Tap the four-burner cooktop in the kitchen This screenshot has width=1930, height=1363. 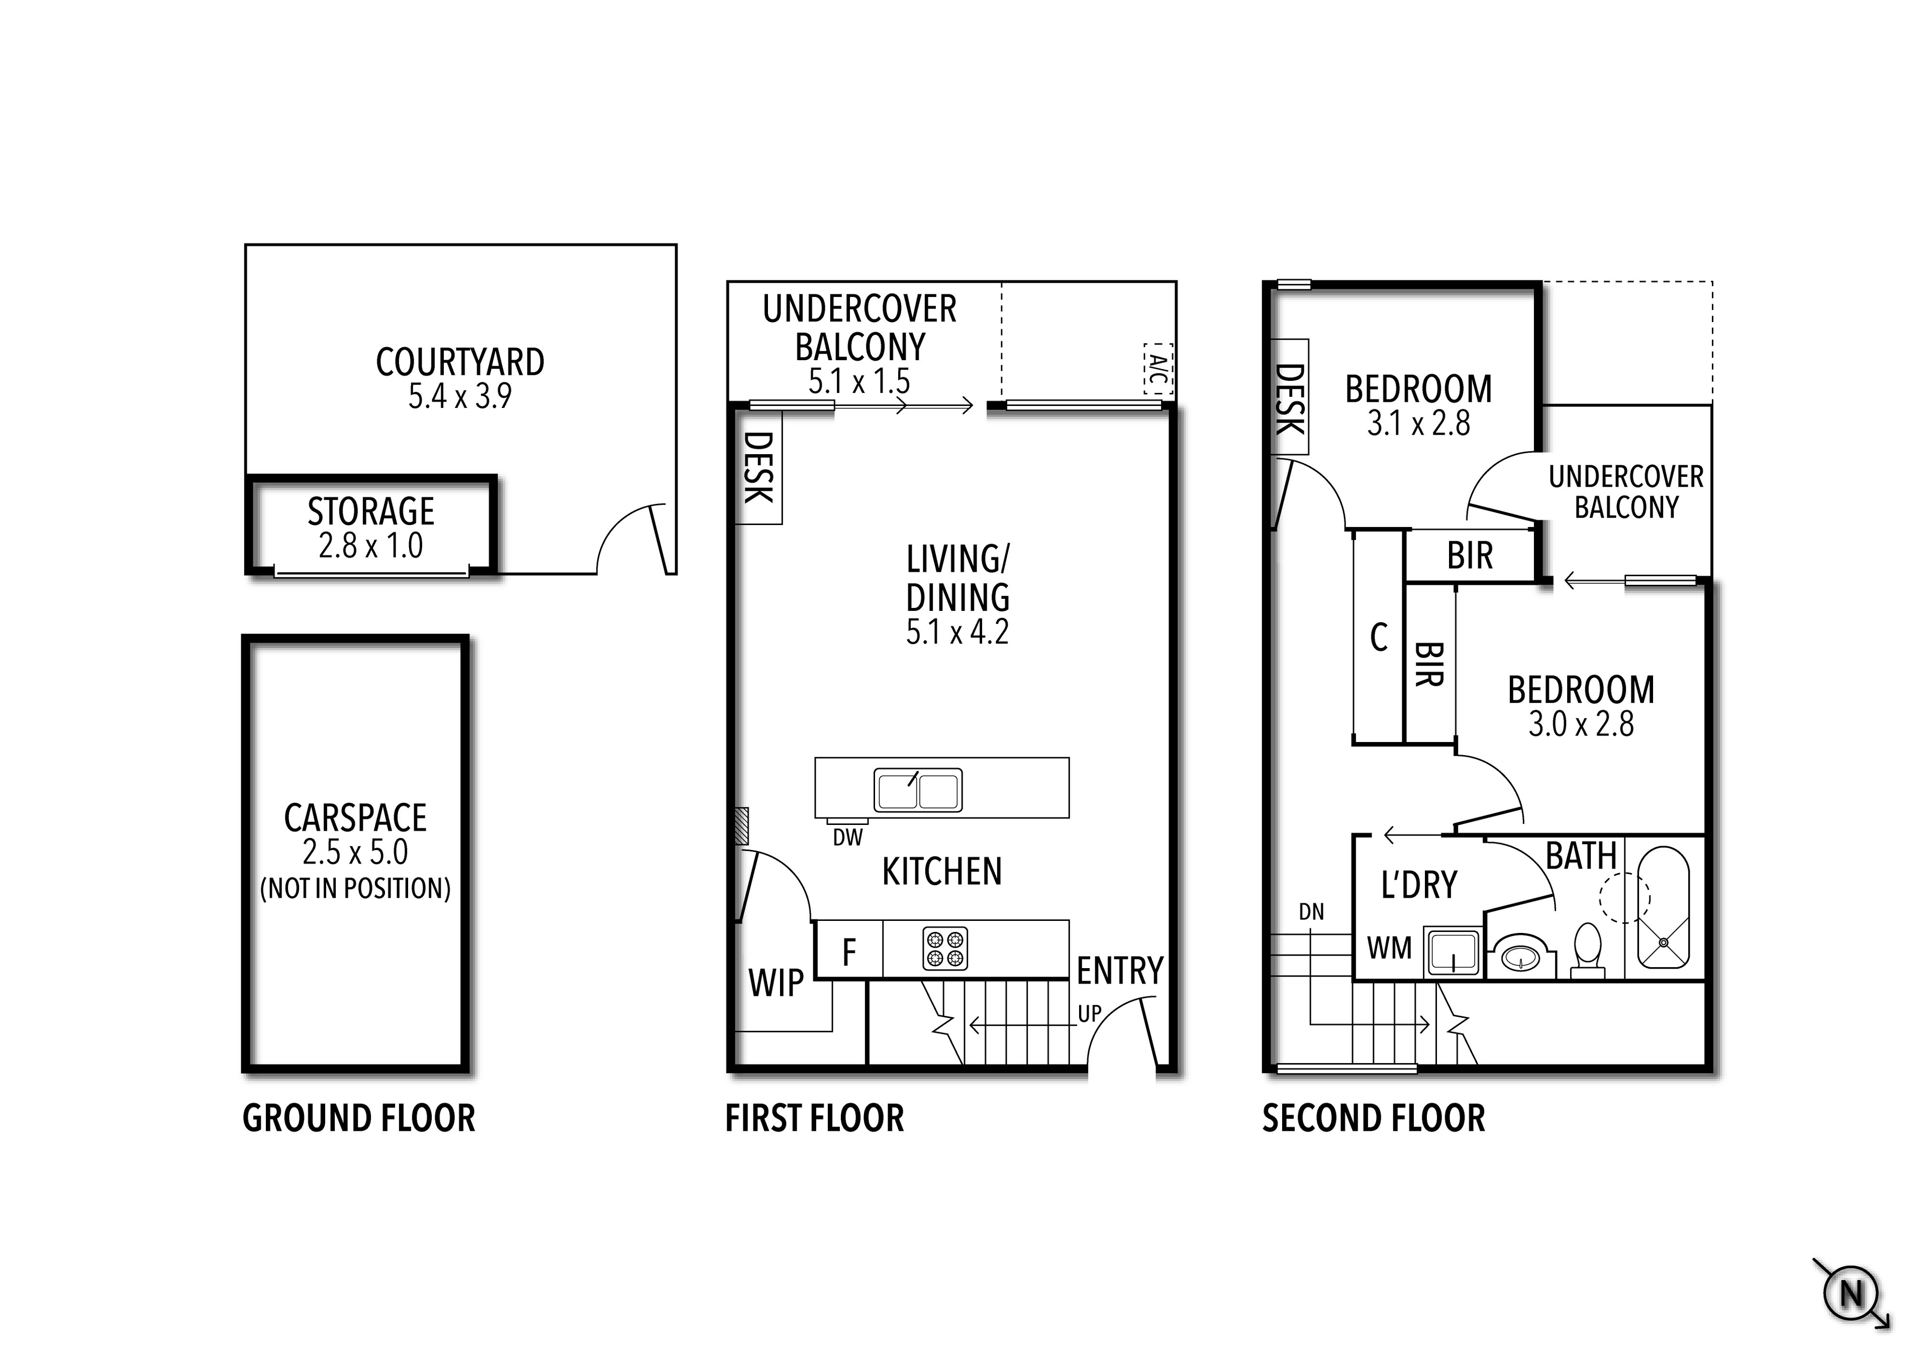coord(945,949)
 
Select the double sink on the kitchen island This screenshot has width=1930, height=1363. coord(918,790)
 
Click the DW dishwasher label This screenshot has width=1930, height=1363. coord(847,838)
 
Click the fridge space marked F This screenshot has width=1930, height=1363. coord(849,951)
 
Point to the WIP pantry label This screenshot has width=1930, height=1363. coord(776,982)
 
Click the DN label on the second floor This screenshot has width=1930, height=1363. coord(1311,912)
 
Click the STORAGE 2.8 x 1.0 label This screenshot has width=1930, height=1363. coord(371,528)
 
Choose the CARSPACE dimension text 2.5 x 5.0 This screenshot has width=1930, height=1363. coord(355,852)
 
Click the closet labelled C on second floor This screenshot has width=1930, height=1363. coord(1379,637)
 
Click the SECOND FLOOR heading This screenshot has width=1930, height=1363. coord(1374,1118)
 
